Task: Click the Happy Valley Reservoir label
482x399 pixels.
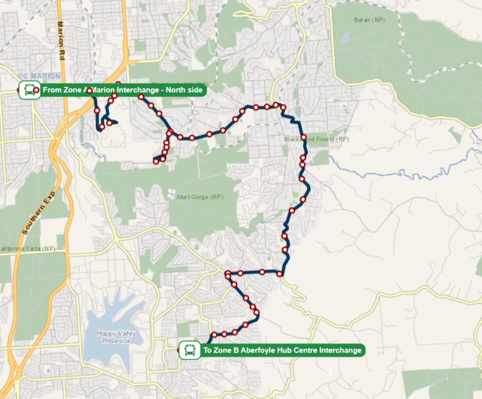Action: click(115, 337)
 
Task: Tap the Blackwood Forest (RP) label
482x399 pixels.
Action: click(316, 139)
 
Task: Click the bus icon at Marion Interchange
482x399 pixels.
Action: click(28, 90)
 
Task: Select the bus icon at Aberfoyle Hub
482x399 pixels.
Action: click(188, 350)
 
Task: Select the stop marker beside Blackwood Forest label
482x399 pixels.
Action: click(304, 138)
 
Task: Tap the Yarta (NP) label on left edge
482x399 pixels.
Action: click(28, 249)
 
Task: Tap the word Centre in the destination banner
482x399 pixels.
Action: click(303, 350)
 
